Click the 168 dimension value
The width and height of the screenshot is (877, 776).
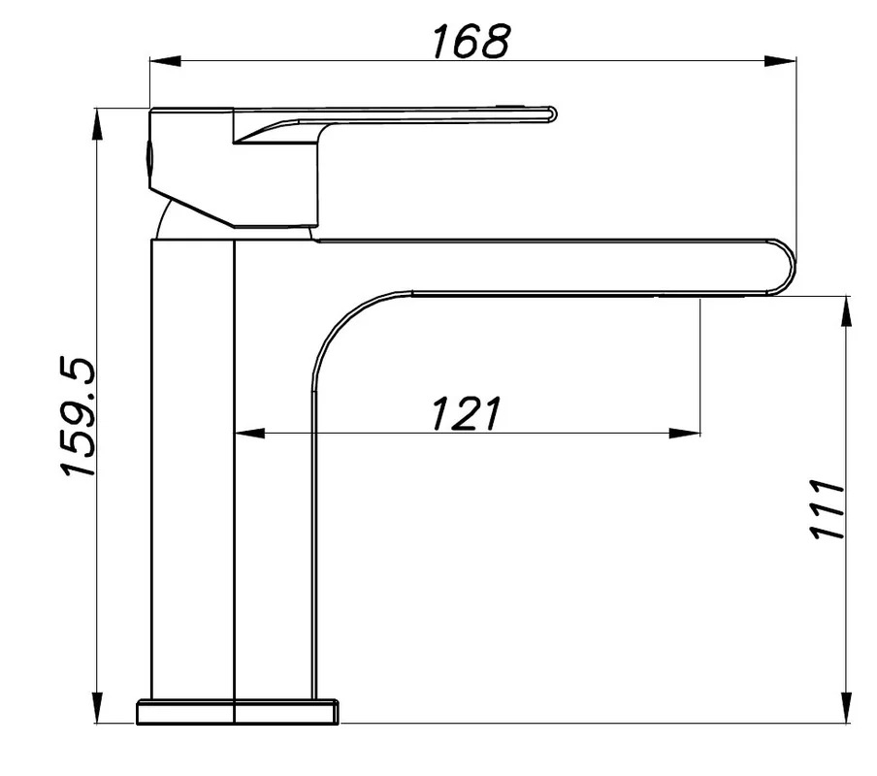[x=471, y=41]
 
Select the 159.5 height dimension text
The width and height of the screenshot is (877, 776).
[x=79, y=417]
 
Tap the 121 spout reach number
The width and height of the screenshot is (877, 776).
[x=466, y=414]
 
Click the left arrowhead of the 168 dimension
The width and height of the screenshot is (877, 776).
[x=166, y=61]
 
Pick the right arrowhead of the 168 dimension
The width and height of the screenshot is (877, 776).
[x=780, y=61]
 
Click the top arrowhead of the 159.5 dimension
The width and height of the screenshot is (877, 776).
[x=97, y=123]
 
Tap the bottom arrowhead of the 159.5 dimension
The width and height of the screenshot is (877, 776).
[x=97, y=707]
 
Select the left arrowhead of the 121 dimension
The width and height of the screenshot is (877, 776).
[x=249, y=433]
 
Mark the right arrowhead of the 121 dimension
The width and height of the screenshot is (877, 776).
[x=685, y=433]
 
